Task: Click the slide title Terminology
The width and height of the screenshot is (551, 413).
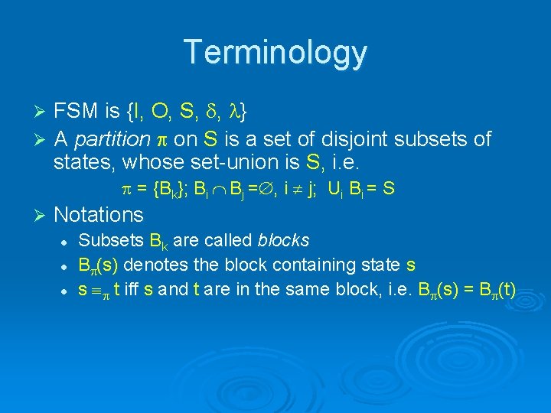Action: coord(275,53)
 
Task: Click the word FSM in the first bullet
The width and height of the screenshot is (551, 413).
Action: coord(77,112)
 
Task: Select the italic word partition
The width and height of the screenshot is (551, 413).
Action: coord(115,140)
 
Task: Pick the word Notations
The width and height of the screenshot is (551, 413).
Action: coord(99,215)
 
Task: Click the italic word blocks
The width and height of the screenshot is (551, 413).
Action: coord(284,240)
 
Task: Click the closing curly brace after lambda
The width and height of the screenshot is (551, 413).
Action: coord(243,113)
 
